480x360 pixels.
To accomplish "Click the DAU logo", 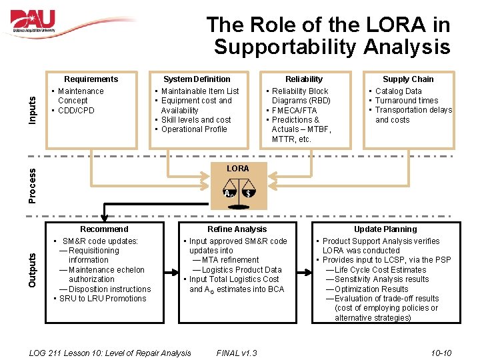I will click(x=33, y=21).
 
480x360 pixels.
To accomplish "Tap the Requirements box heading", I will click(x=91, y=79).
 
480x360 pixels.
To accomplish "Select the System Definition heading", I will click(x=197, y=79).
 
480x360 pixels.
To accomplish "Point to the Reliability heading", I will click(x=303, y=79).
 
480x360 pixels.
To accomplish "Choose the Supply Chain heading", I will click(x=408, y=79).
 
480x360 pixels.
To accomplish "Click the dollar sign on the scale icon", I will click(x=248, y=194).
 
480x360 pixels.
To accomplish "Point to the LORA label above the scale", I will click(x=238, y=169).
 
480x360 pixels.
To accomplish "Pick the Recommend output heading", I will click(x=104, y=229).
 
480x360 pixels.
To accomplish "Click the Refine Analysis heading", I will click(x=237, y=229).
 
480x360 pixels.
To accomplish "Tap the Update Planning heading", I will click(x=385, y=229).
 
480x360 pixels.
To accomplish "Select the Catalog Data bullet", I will click(x=398, y=91).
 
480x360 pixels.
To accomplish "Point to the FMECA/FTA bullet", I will click(x=294, y=111).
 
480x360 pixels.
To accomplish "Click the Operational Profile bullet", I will click(x=194, y=129).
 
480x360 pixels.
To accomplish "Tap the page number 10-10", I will click(x=441, y=353).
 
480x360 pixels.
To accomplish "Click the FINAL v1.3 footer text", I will click(x=237, y=353).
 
